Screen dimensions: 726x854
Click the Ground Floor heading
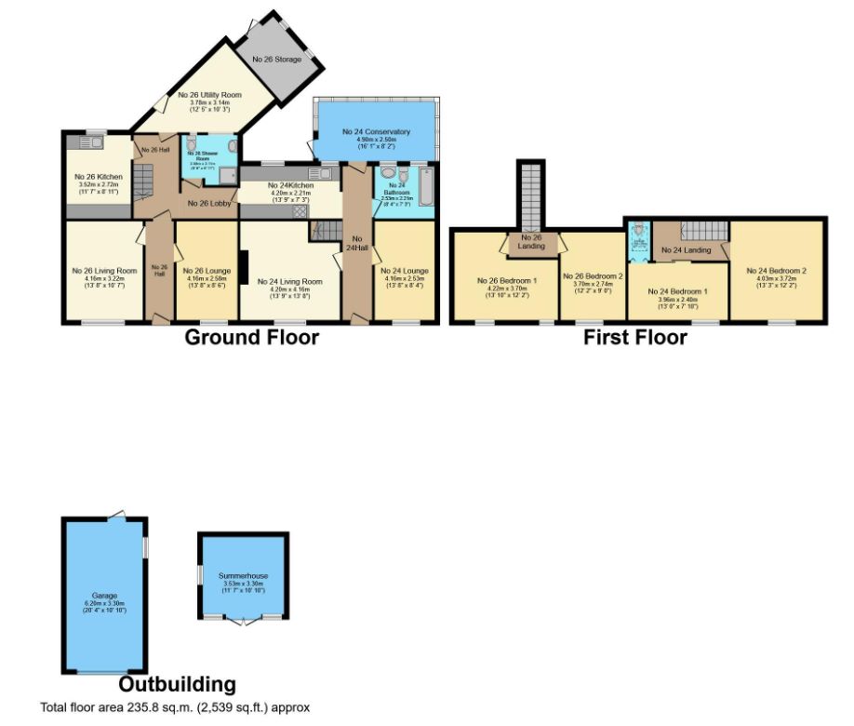point(251,337)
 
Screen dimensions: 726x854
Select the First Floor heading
point(635,337)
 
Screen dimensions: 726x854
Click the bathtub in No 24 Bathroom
point(427,183)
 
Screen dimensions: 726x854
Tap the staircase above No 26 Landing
point(531,195)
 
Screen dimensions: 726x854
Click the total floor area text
point(175,707)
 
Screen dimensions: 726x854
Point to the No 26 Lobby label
point(208,202)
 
